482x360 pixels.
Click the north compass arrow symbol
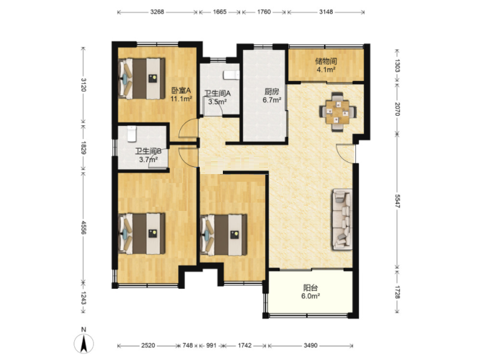coord(84,343)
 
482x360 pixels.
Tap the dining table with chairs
coord(338,112)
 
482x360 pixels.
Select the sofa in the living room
coord(342,219)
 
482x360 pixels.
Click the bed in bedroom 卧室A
coord(141,78)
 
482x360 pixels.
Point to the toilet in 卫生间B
coord(131,134)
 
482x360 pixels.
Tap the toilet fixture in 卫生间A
coord(231,75)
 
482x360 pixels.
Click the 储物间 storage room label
coord(326,61)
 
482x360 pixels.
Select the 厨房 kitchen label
coord(272,91)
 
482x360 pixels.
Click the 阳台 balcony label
coord(310,288)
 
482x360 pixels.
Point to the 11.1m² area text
coord(181,99)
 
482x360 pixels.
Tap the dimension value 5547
coord(397,201)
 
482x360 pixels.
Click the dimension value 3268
coord(157,12)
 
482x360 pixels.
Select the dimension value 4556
coord(83,227)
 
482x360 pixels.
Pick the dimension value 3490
coord(310,346)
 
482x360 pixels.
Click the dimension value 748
coord(188,346)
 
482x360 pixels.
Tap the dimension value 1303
coord(397,65)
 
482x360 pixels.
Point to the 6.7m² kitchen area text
coord(272,100)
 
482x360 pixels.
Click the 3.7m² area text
coord(149,159)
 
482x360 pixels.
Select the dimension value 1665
coord(219,12)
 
